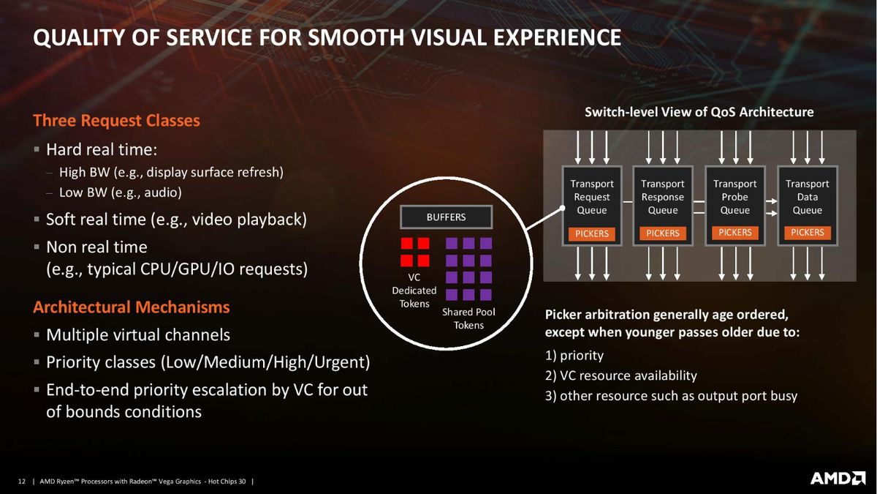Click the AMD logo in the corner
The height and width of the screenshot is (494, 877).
tap(838, 478)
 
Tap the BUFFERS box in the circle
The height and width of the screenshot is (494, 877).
tap(446, 217)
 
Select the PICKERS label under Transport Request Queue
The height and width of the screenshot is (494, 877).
tap(591, 233)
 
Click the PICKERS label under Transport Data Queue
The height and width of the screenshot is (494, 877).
tap(808, 233)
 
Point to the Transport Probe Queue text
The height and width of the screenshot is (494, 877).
tap(735, 197)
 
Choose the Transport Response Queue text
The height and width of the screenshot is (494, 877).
tap(662, 197)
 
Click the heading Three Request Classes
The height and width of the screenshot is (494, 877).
tap(116, 120)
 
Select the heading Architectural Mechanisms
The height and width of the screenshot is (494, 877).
tap(131, 307)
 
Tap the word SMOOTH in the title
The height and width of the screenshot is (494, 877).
tap(356, 37)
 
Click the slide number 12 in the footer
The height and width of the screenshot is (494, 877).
tap(21, 481)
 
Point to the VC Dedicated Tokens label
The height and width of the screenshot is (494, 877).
tap(414, 291)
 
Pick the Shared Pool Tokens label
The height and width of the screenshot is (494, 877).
tap(468, 318)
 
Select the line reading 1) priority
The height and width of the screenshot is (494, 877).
tap(574, 355)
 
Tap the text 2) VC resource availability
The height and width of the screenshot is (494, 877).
tap(621, 375)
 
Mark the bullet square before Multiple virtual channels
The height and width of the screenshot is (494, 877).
tap(37, 335)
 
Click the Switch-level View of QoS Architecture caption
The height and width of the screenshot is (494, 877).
tap(699, 112)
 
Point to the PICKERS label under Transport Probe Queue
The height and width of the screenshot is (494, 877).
tap(735, 233)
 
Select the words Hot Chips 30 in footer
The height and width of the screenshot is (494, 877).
tap(227, 481)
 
